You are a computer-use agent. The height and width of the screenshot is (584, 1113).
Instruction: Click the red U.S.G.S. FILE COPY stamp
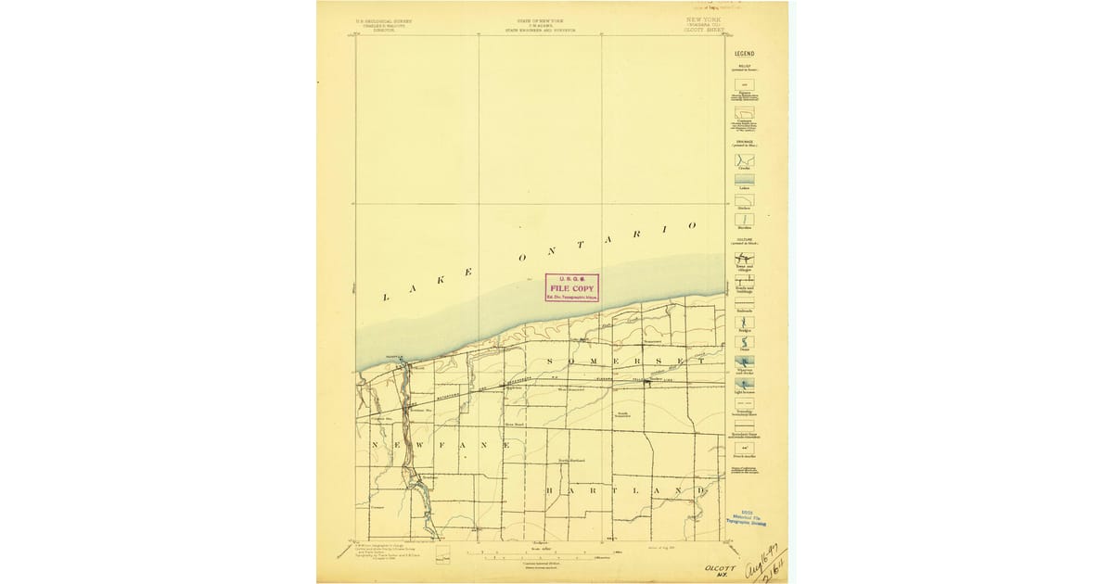click(571, 288)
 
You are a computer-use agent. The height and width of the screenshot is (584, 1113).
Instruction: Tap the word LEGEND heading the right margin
click(744, 54)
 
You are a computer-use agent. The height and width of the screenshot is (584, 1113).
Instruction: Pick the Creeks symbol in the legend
click(744, 159)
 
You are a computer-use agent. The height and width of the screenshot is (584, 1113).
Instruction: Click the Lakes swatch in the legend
click(744, 180)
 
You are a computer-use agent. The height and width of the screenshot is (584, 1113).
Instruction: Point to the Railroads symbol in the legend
click(744, 301)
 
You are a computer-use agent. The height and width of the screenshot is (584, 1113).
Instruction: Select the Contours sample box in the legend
click(744, 113)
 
